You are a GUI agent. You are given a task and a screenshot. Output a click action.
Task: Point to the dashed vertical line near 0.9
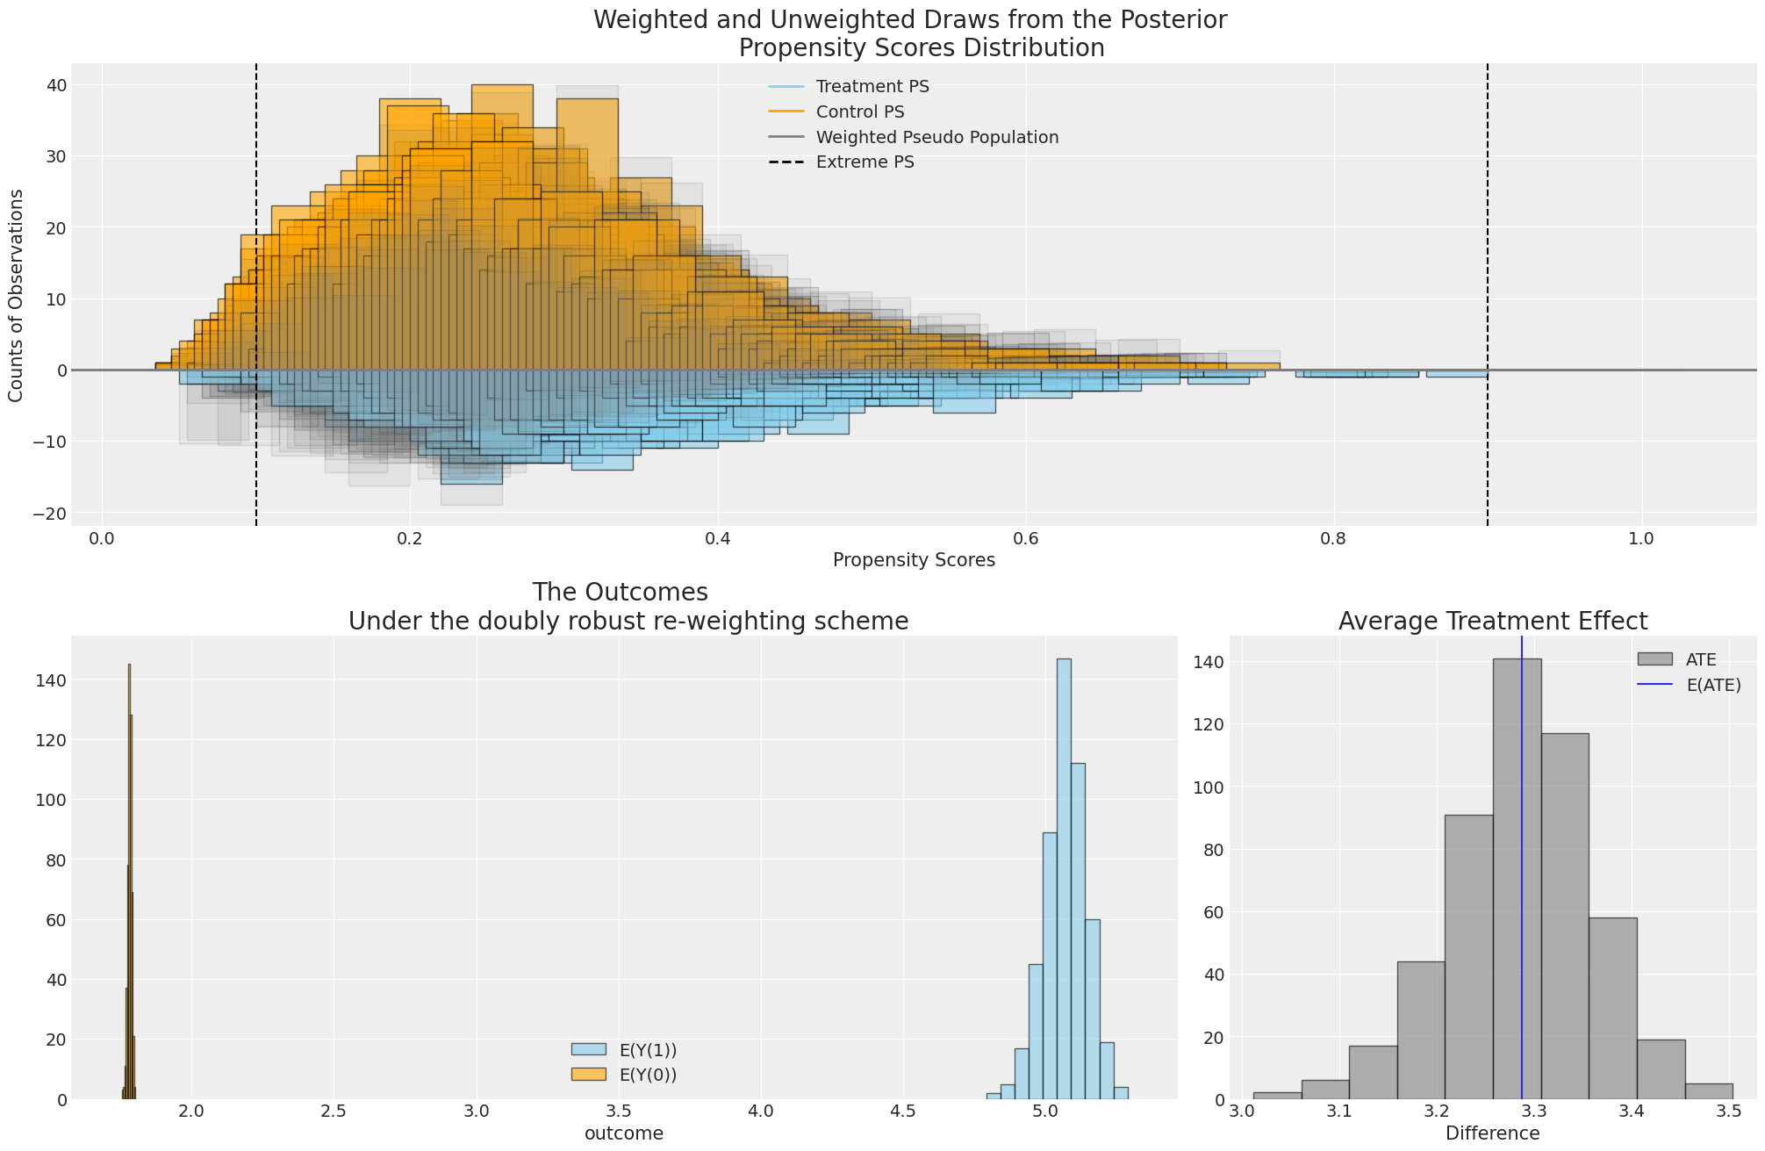pyautogui.click(x=1488, y=263)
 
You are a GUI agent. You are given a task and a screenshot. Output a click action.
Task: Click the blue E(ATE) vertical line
pyautogui.click(x=1522, y=878)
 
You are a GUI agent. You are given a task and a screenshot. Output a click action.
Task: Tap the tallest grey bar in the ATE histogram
pyautogui.click(x=1517, y=878)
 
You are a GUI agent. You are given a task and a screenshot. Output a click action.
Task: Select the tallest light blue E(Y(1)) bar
pyautogui.click(x=1064, y=878)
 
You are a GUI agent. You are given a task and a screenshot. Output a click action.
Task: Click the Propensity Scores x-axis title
pyautogui.click(x=914, y=560)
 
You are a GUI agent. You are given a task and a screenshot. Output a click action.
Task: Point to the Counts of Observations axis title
pyautogui.click(x=16, y=295)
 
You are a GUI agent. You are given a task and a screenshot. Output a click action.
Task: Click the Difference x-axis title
pyautogui.click(x=1492, y=1133)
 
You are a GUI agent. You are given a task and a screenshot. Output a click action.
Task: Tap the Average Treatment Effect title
pyautogui.click(x=1492, y=622)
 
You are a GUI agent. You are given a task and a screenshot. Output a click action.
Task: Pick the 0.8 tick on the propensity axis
pyautogui.click(x=1333, y=538)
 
